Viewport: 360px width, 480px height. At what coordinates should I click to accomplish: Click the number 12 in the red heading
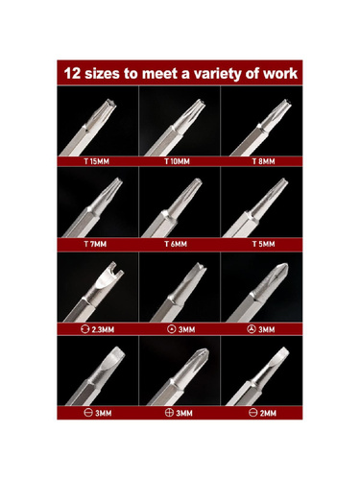pos(72,73)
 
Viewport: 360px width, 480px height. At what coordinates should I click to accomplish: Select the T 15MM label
pos(96,161)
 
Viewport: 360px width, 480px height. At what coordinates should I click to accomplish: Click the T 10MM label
pos(177,161)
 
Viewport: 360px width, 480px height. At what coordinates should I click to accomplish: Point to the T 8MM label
pos(263,161)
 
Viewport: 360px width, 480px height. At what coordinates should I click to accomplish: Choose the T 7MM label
pos(95,244)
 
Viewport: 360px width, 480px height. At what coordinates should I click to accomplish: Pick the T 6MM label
pos(176,244)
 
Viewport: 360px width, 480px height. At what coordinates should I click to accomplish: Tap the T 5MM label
pos(263,244)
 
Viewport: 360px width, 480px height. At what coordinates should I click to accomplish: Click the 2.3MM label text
pos(103,329)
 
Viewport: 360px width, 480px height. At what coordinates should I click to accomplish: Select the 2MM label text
pos(268,413)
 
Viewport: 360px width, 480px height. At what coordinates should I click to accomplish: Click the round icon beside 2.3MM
pos(84,329)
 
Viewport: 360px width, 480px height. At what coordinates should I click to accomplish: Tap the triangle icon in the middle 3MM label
pos(172,329)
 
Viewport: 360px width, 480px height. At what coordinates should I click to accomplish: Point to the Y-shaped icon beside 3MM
pos(252,329)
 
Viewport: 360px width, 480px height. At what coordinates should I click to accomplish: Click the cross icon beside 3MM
pos(169,413)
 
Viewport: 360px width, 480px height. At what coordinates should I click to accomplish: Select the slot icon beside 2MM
pos(252,413)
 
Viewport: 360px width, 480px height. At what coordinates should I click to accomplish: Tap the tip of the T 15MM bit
pos(111,103)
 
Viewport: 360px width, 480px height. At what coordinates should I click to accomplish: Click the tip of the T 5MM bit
pos(283,181)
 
